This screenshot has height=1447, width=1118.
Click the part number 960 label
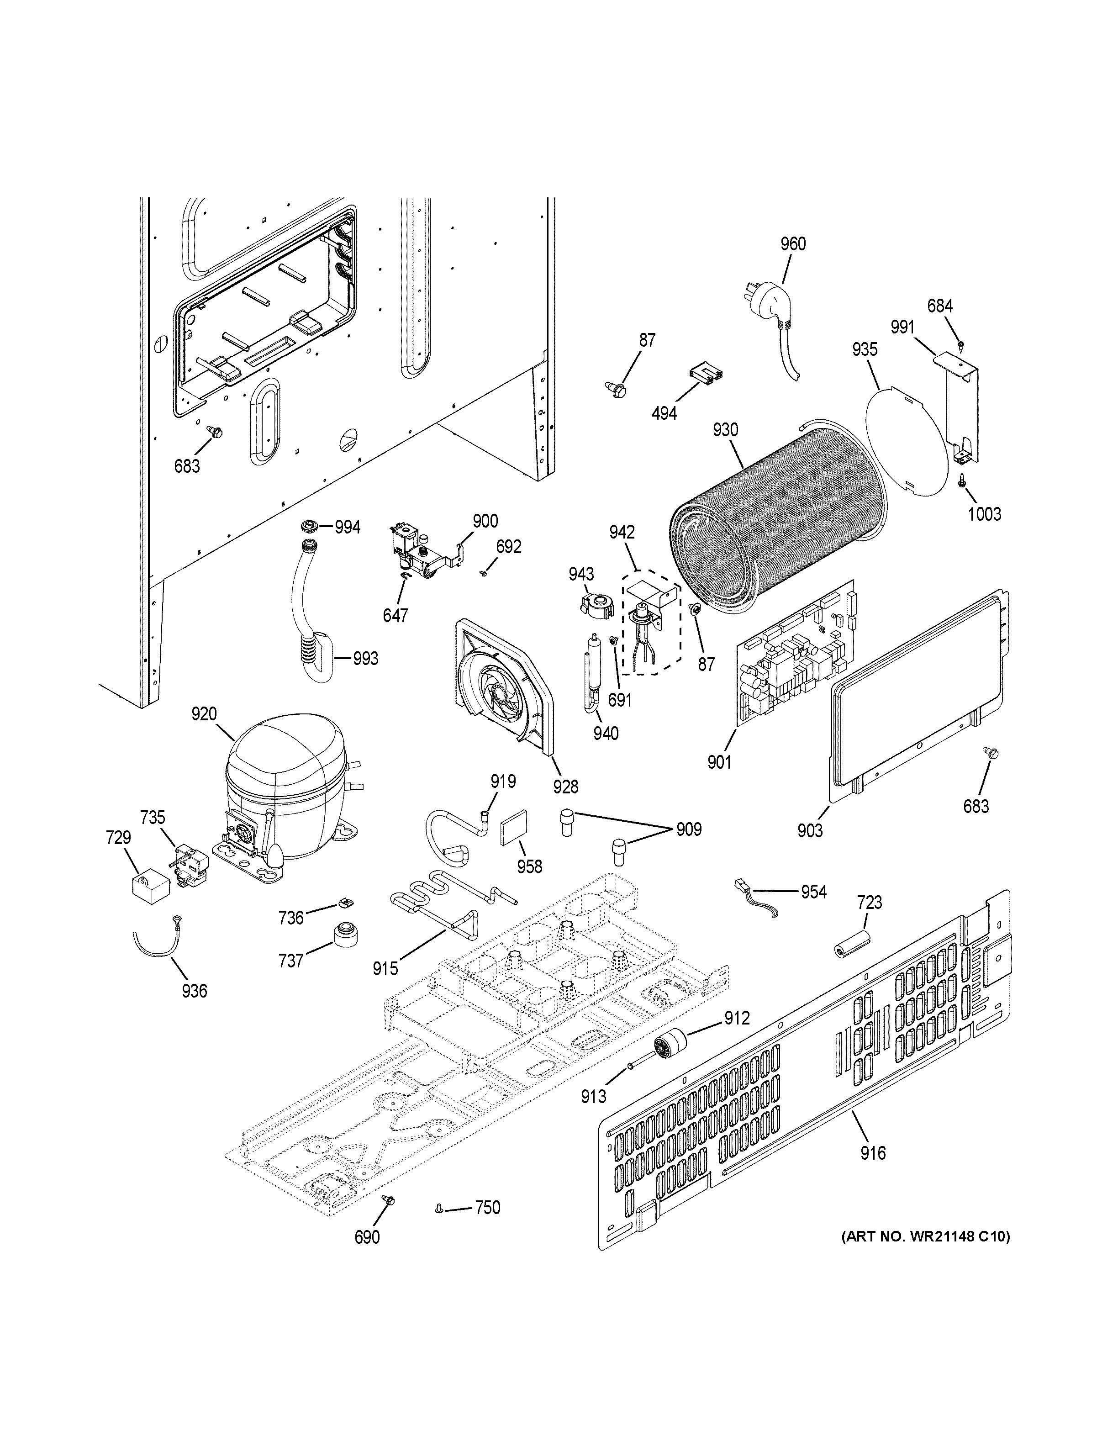click(793, 244)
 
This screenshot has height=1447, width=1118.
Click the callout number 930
click(725, 430)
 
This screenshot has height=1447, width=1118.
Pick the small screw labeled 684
click(960, 344)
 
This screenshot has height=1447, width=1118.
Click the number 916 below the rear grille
click(873, 1153)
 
